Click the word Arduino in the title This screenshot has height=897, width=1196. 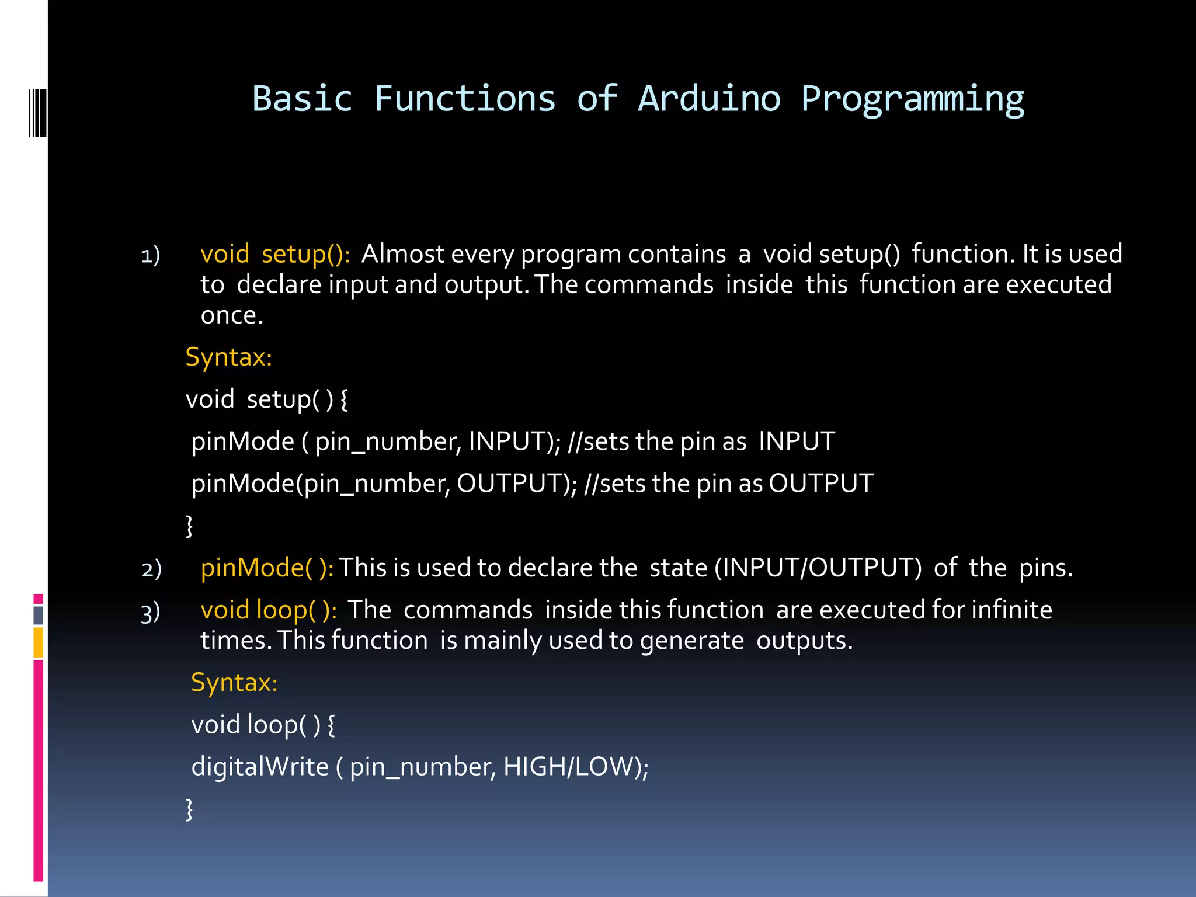(709, 99)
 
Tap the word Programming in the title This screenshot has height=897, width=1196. (912, 99)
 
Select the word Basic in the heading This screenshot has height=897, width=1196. (303, 99)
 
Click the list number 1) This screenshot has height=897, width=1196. (151, 256)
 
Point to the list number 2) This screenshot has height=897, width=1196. (151, 569)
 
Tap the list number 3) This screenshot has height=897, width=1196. (151, 613)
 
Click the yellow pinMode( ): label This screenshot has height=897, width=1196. (267, 568)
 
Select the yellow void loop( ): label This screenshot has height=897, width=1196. (268, 610)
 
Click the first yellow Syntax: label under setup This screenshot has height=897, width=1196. (228, 357)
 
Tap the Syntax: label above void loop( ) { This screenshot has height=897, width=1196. (234, 682)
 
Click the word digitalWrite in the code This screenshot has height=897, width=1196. (260, 766)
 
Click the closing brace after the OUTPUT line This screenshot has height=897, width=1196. (189, 526)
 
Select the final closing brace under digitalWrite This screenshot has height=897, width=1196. (189, 809)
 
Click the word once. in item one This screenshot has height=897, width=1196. (232, 316)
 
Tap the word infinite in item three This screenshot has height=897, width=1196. (1011, 610)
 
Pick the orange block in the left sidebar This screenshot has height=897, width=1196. (39, 642)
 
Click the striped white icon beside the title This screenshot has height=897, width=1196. (37, 112)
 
